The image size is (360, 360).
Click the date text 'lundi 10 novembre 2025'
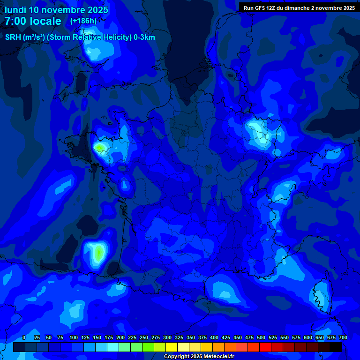[56, 10]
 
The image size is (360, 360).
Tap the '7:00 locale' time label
[33, 21]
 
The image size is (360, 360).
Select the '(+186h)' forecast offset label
[83, 21]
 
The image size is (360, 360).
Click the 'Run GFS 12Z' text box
[299, 7]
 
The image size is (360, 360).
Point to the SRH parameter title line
[80, 37]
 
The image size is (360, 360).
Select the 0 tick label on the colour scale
[24, 338]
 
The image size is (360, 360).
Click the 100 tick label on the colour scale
[74, 338]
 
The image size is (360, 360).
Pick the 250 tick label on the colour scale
[144, 338]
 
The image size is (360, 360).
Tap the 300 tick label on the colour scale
[167, 338]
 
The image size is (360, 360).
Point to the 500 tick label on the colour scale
[261, 338]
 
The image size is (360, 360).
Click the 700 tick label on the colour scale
[343, 338]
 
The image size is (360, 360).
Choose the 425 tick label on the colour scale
[226, 338]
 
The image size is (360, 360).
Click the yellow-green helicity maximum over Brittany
[99, 148]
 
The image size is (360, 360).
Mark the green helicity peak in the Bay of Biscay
[98, 254]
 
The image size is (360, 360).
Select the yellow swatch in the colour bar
[171, 347]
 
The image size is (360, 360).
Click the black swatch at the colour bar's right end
[335, 347]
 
